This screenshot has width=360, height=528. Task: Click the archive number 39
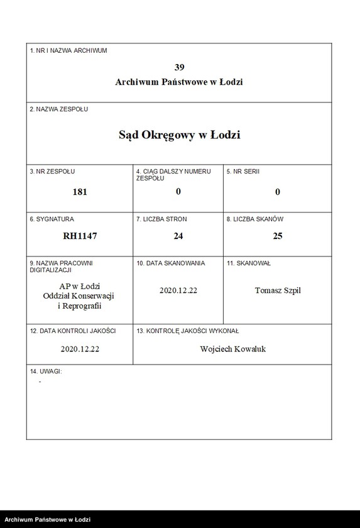click(179, 67)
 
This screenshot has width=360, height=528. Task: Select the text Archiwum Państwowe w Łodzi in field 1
click(179, 82)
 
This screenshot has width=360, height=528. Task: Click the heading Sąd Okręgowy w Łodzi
click(179, 135)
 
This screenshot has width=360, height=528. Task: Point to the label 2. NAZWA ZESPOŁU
click(59, 109)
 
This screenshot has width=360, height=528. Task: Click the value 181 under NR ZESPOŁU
click(80, 192)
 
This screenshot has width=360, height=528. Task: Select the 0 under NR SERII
click(278, 192)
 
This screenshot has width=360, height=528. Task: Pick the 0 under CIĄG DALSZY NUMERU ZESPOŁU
click(178, 191)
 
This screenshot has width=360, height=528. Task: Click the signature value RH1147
click(80, 236)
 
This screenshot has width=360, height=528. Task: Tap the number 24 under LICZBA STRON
click(178, 236)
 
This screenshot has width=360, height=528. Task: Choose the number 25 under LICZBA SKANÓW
click(278, 236)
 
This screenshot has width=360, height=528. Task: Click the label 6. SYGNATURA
click(52, 219)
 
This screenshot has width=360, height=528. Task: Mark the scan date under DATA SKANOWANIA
click(178, 290)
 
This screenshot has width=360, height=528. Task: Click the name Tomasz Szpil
click(278, 290)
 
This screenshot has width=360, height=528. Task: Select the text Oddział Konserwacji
click(80, 296)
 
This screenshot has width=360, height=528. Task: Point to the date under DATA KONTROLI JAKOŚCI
click(80, 349)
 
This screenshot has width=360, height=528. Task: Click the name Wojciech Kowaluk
click(232, 349)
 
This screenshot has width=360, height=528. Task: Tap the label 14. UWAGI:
click(46, 371)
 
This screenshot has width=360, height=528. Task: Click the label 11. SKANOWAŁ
click(249, 263)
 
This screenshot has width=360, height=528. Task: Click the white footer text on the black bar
click(48, 520)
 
